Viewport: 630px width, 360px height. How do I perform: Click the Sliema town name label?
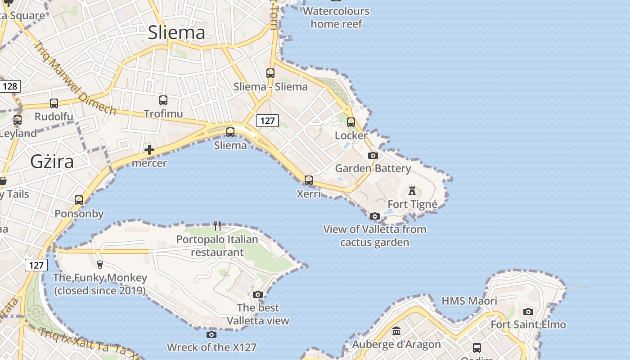point(176,32)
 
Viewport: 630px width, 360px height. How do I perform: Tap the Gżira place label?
point(52,162)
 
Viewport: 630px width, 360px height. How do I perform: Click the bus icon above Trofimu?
point(163,100)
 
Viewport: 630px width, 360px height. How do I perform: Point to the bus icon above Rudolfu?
point(54,103)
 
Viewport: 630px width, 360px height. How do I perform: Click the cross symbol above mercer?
point(149,150)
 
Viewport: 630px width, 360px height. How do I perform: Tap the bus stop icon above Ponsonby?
point(79,200)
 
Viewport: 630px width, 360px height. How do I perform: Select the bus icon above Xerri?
point(309,180)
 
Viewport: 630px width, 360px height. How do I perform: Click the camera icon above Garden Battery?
point(373,156)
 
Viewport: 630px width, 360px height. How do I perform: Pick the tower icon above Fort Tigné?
point(412,191)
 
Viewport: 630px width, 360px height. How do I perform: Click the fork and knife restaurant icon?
point(217,225)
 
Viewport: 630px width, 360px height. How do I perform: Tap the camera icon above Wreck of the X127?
point(211,334)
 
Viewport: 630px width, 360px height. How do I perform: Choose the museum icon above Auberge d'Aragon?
point(396,332)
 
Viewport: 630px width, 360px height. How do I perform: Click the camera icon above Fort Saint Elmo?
point(528,311)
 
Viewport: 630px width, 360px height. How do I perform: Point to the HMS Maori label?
point(469,301)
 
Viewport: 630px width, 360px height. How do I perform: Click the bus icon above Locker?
point(351,122)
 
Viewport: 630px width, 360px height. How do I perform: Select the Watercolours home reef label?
point(337,17)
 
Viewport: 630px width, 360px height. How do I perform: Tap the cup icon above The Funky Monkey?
point(100,264)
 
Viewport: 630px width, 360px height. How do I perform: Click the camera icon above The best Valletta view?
point(258,295)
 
